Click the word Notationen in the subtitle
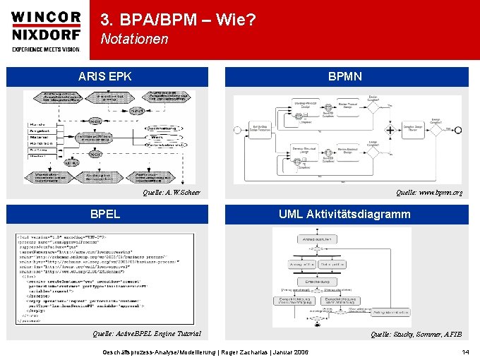click(134, 40)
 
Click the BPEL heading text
click(104, 214)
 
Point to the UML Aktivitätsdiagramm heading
click(344, 214)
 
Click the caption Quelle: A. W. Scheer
click(172, 193)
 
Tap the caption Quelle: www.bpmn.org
click(428, 192)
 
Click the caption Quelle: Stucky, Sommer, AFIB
click(416, 334)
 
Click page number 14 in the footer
click(465, 352)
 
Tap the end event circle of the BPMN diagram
click(458, 131)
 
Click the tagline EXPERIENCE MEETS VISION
click(45, 49)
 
